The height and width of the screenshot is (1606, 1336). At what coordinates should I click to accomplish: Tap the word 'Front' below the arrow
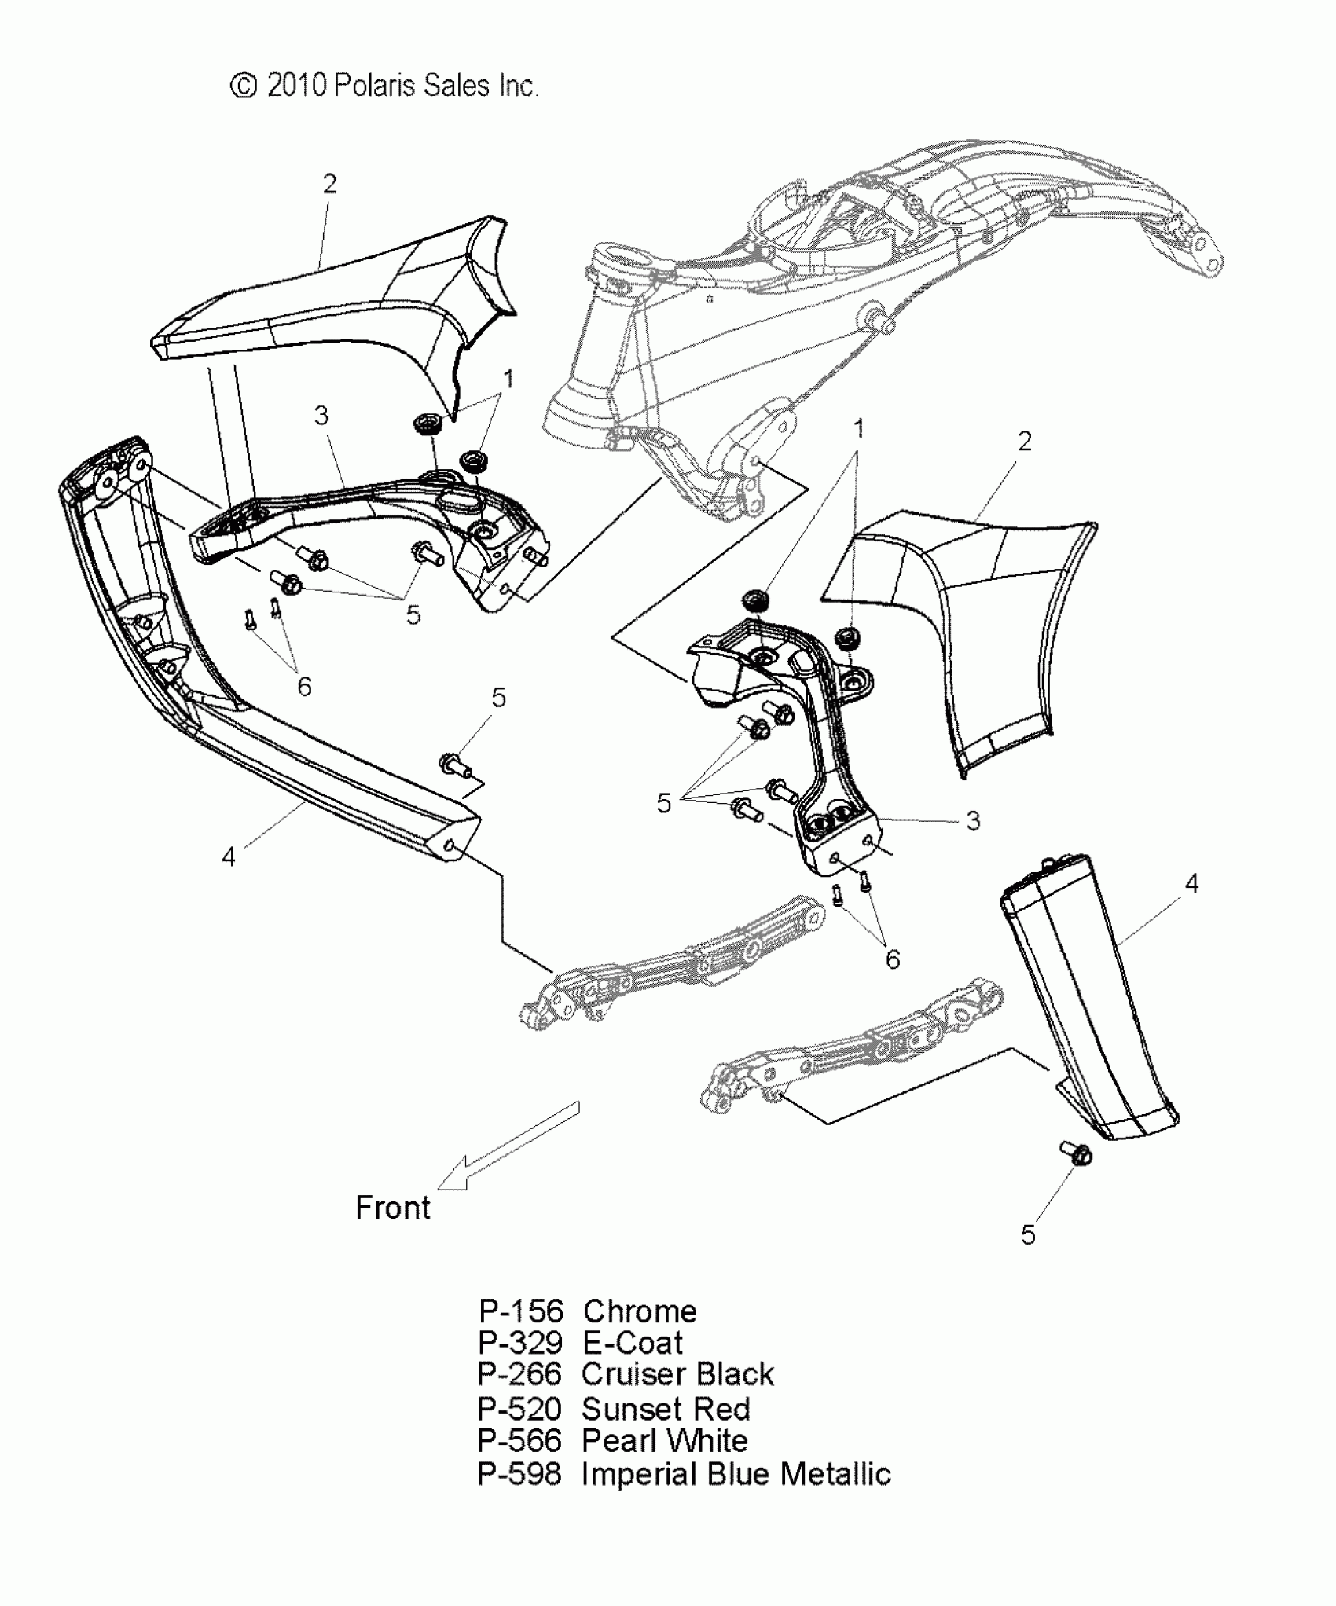coord(392,1208)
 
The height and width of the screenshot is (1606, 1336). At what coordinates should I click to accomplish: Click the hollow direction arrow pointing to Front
coord(508,1146)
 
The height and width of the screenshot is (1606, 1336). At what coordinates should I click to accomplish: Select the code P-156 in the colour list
coord(521,1311)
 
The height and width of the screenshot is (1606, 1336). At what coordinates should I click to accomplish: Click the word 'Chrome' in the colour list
coord(640,1311)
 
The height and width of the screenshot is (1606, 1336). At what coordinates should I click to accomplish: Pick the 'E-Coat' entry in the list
coord(633,1343)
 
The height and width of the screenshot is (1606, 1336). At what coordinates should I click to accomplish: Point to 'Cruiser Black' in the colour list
coord(677,1374)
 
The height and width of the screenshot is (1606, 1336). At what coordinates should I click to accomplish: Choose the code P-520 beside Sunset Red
coord(519,1409)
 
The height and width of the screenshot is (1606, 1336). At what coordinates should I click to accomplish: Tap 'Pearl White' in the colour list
coord(664,1440)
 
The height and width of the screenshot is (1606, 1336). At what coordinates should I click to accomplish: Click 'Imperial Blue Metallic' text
coord(736,1474)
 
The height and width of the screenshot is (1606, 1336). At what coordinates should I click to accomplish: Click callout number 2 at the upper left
coord(329,184)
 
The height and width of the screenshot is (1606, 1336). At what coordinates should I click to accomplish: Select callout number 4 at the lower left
coord(228,856)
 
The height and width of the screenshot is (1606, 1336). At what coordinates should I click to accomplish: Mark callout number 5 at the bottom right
coord(1028,1235)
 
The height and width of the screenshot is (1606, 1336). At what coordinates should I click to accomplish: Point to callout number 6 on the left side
coord(304,687)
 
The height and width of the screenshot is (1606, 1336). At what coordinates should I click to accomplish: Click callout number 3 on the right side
coord(973,821)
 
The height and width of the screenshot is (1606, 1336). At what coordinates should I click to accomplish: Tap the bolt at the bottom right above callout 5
coord(1075,1153)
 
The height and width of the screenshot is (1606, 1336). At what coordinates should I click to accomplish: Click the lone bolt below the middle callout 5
coord(454,763)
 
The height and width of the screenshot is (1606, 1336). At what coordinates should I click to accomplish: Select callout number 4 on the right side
coord(1191,884)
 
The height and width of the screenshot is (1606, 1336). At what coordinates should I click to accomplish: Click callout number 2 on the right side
coord(1024,442)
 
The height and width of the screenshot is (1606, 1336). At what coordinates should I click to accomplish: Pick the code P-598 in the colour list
coord(519,1474)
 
